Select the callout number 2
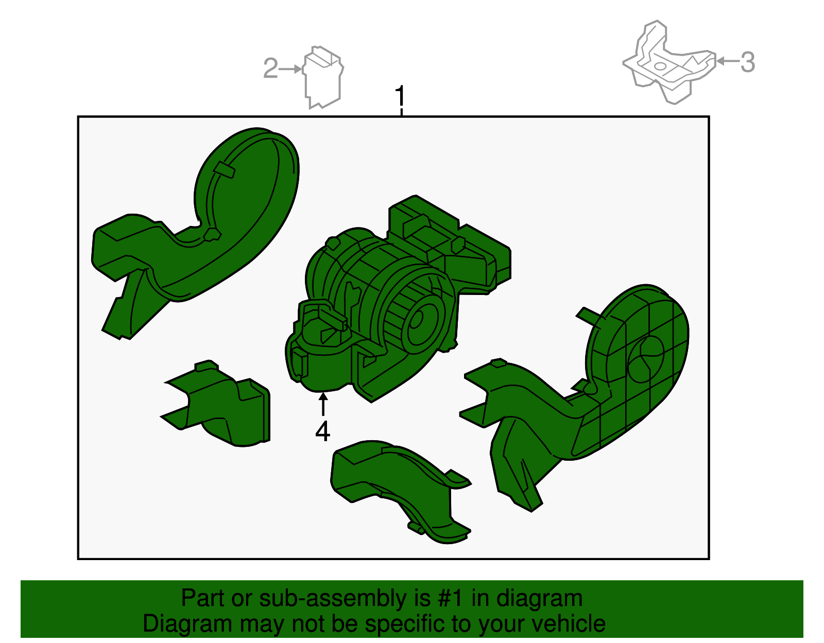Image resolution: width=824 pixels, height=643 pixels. (x=271, y=68)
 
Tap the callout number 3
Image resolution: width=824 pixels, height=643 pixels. (x=747, y=62)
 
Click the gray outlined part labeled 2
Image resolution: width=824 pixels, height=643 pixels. (x=323, y=77)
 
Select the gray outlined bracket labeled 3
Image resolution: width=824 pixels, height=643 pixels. (x=669, y=62)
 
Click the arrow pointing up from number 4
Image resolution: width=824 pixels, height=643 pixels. (x=323, y=404)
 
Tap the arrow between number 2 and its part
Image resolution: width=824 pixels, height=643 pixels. (x=290, y=69)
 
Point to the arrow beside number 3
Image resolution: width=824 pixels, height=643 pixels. (x=727, y=61)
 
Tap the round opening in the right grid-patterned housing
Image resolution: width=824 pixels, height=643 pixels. (x=646, y=358)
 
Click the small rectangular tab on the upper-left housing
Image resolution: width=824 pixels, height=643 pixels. (x=225, y=170)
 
